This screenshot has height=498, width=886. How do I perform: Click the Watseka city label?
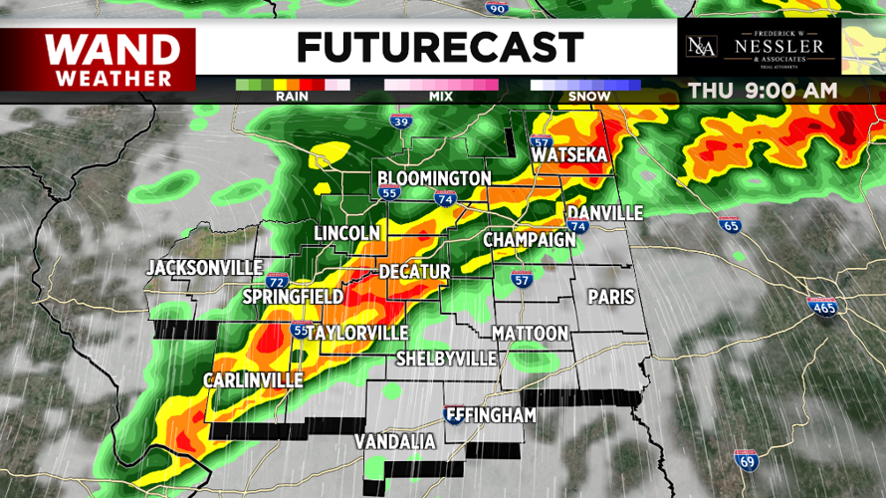tap(569, 156)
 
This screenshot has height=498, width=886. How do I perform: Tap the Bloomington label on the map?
tap(434, 178)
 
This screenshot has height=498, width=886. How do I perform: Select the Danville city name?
tap(605, 214)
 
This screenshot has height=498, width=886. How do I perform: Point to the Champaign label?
tap(530, 240)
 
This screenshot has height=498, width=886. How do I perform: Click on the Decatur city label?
tap(415, 272)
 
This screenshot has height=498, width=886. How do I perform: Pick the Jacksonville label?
tap(204, 268)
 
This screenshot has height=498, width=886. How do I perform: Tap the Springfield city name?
tap(294, 297)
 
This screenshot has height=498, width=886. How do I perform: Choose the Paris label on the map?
tap(611, 297)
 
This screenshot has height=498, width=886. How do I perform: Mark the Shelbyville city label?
tap(446, 358)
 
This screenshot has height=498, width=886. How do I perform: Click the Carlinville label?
tap(253, 380)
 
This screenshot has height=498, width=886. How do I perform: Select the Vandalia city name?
tap(395, 440)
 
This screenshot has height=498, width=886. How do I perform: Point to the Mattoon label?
tap(530, 333)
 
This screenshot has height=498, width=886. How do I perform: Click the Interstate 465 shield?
tap(821, 308)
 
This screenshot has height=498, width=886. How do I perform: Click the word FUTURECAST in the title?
tap(439, 47)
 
